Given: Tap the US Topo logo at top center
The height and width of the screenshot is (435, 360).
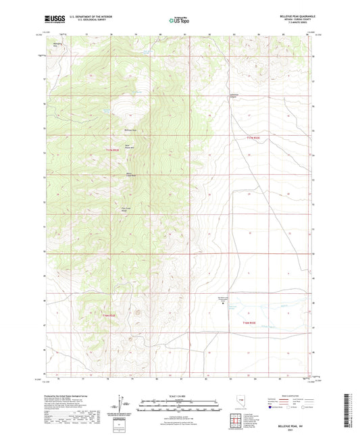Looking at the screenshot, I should [180, 21].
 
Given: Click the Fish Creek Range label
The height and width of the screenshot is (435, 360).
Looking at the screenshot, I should [126, 209].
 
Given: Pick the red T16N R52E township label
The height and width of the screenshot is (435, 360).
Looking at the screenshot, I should [251, 324].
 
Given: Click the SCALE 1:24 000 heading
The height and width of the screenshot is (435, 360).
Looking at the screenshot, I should [180, 395].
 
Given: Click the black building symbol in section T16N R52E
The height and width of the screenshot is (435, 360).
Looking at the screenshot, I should [225, 304].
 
